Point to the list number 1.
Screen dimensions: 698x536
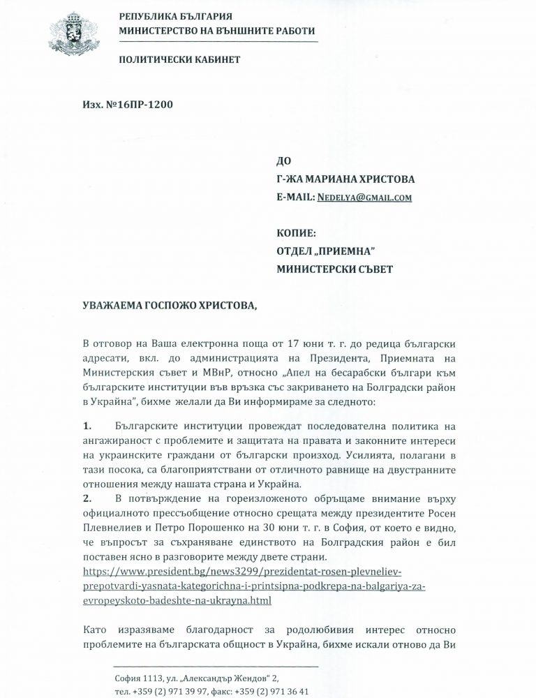87,424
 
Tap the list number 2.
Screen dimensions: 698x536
87,500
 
